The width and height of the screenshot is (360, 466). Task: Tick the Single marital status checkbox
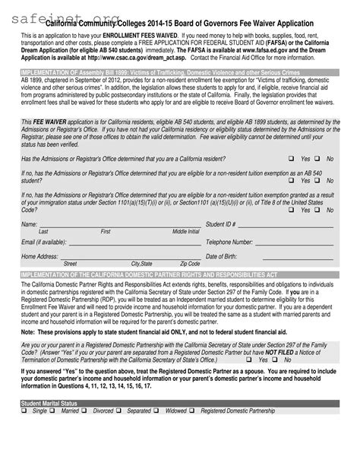[x=25, y=454]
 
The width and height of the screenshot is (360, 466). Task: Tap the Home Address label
[x=39, y=256]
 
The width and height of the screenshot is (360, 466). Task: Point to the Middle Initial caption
[x=186, y=231]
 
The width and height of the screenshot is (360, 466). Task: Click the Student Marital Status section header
[x=50, y=444]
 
